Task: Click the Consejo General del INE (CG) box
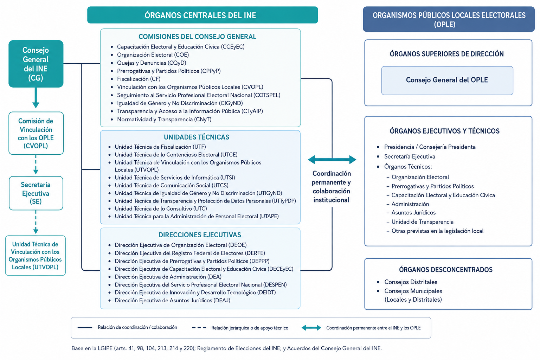pos(36,64)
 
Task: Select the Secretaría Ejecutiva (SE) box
pos(36,193)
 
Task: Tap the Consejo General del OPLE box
pos(447,81)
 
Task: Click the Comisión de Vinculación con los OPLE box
pos(36,133)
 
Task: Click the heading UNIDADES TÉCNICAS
pos(197,137)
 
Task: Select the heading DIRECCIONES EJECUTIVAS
pos(200,235)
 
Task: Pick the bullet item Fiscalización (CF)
pos(139,79)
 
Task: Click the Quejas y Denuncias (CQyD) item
pos(152,63)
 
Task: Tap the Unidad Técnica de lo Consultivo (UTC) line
pos(161,208)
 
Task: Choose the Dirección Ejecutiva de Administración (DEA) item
pos(168,277)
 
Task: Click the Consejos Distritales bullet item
pos(411,282)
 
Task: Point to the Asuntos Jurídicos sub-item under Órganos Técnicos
pos(413,213)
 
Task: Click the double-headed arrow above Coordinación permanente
pos(332,159)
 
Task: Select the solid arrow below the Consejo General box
pos(36,98)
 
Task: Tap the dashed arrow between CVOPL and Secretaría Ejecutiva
pos(36,165)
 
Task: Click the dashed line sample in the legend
pos(199,328)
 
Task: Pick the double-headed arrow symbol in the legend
pos(311,328)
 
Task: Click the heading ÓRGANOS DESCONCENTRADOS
pos(446,270)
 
